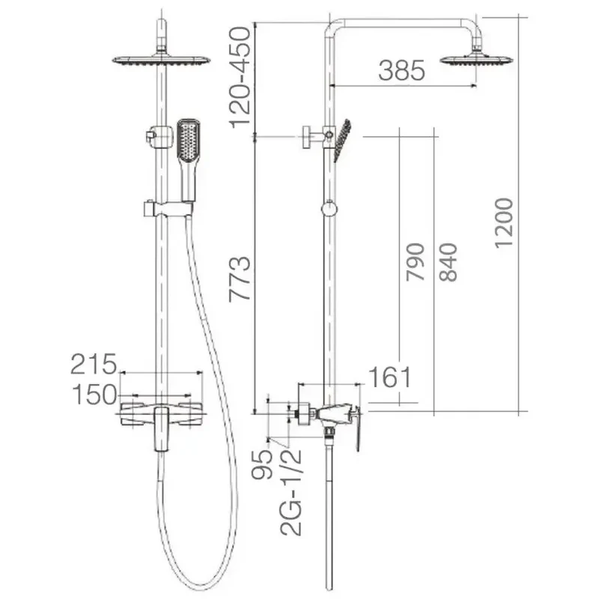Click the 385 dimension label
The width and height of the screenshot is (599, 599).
(401, 70)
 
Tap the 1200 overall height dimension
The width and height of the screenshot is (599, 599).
(503, 223)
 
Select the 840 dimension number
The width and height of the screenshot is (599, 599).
(448, 262)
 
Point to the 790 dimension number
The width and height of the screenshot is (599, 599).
(415, 262)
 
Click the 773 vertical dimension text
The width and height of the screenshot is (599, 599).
(240, 279)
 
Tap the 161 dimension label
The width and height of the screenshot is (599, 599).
(389, 377)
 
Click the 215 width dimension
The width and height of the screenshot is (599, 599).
(94, 364)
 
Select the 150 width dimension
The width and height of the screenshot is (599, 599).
(94, 395)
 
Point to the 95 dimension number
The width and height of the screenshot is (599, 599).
(261, 464)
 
